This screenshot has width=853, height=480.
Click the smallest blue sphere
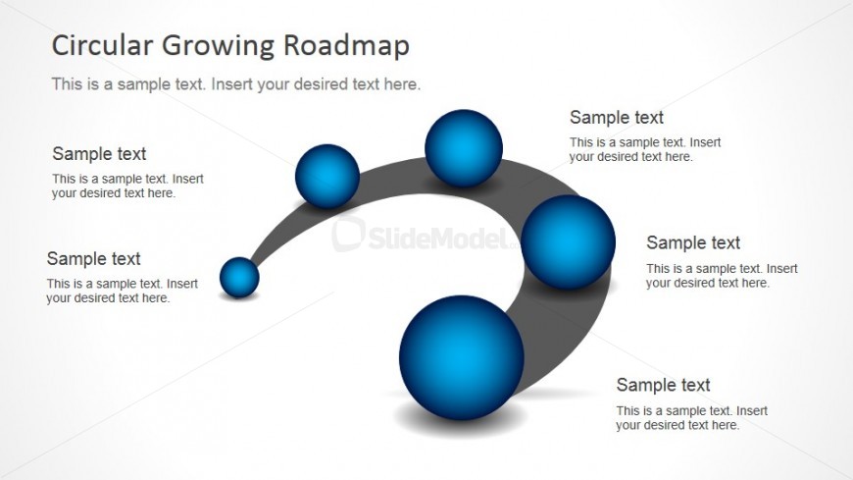click(x=239, y=278)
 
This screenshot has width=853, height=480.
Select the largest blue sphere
click(x=462, y=357)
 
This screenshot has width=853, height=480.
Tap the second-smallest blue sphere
click(x=327, y=176)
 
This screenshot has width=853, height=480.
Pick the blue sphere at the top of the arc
click(x=464, y=148)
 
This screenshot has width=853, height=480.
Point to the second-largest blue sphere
click(x=569, y=241)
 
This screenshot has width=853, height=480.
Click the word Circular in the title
click(x=102, y=45)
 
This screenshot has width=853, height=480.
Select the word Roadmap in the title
click(x=346, y=46)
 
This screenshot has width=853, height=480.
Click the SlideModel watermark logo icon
click(x=348, y=233)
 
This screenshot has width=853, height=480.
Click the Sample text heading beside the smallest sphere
click(x=93, y=258)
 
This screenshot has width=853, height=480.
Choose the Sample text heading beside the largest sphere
click(x=663, y=385)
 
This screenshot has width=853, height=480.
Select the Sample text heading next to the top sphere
click(x=617, y=117)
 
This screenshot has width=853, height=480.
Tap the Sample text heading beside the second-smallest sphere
click(x=99, y=154)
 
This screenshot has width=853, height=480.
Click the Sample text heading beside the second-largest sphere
click(x=693, y=242)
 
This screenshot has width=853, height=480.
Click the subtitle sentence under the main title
click(x=236, y=83)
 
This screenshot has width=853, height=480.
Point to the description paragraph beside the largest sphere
click(x=691, y=418)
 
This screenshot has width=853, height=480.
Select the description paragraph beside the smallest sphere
click(x=122, y=291)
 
